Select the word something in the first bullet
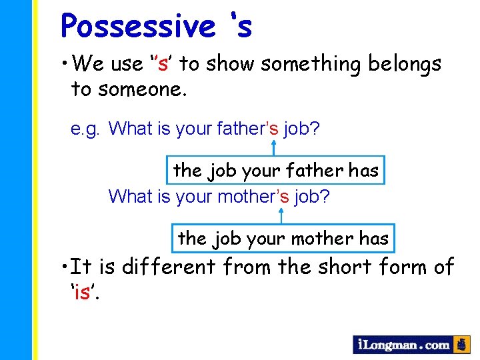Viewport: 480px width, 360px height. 306,64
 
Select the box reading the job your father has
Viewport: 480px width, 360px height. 275,171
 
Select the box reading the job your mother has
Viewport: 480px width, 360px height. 283,239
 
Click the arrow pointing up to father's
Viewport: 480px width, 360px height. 274,148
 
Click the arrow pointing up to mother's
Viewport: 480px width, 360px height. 281,215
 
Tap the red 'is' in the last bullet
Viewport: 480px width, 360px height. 82,291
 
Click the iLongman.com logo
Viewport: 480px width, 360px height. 404,345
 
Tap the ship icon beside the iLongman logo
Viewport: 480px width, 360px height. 462,345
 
